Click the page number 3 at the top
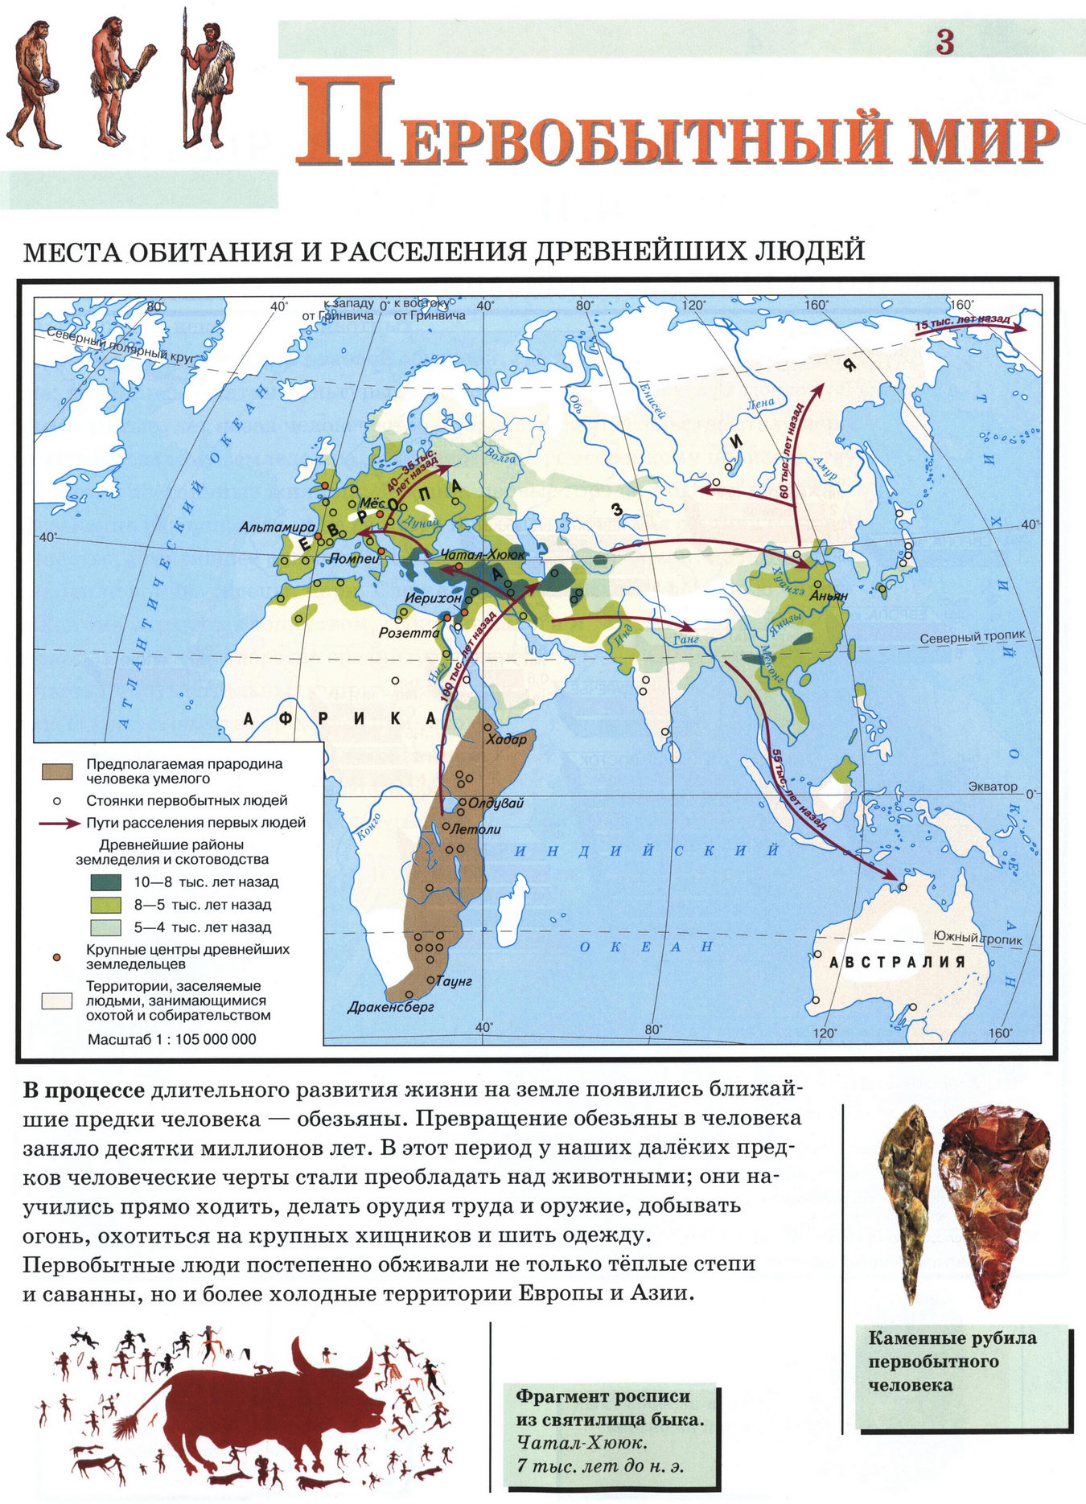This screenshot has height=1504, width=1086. tap(944, 42)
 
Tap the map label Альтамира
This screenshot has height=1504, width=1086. tap(278, 528)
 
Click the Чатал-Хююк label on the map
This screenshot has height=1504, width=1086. tap(483, 555)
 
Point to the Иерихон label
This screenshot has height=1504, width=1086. tap(433, 598)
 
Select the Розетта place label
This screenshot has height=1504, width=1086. tap(409, 633)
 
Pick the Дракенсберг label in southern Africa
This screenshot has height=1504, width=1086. tap(391, 1007)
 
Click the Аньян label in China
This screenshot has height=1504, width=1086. tap(829, 597)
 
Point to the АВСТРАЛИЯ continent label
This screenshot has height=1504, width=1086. tap(897, 962)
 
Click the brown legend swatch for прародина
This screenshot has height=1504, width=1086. tap(57, 771)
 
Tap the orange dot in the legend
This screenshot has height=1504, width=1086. tap(56, 956)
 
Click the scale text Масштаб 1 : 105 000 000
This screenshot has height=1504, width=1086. tap(172, 1039)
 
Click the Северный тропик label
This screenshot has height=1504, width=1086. tap(973, 635)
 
